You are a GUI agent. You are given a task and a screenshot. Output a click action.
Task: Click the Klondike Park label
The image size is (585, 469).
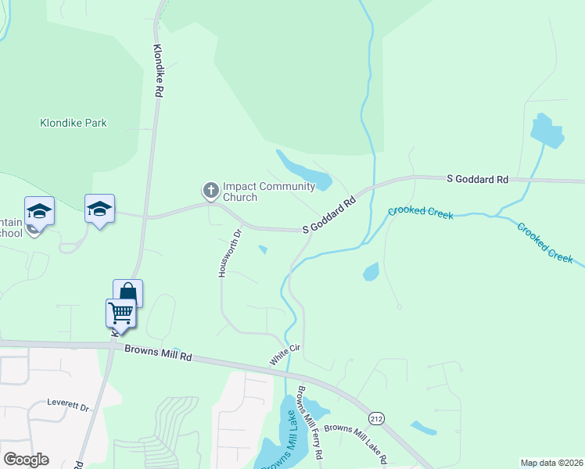74,123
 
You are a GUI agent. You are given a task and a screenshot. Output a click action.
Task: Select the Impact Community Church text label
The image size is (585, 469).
268,192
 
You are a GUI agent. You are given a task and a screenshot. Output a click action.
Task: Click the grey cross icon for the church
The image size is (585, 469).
210,190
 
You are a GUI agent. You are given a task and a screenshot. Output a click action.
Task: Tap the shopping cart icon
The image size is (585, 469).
120,313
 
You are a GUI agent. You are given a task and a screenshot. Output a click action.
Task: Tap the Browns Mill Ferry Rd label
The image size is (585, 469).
310,422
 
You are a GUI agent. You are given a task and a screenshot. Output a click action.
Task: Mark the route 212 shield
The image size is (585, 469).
377,419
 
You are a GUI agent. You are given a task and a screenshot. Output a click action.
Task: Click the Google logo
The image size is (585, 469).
26,460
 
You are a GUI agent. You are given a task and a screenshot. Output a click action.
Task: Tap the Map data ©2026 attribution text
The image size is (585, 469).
551,463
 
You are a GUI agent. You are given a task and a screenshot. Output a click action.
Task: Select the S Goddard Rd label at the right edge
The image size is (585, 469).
478,179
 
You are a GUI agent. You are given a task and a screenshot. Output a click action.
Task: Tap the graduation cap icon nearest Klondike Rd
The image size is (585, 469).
99,209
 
